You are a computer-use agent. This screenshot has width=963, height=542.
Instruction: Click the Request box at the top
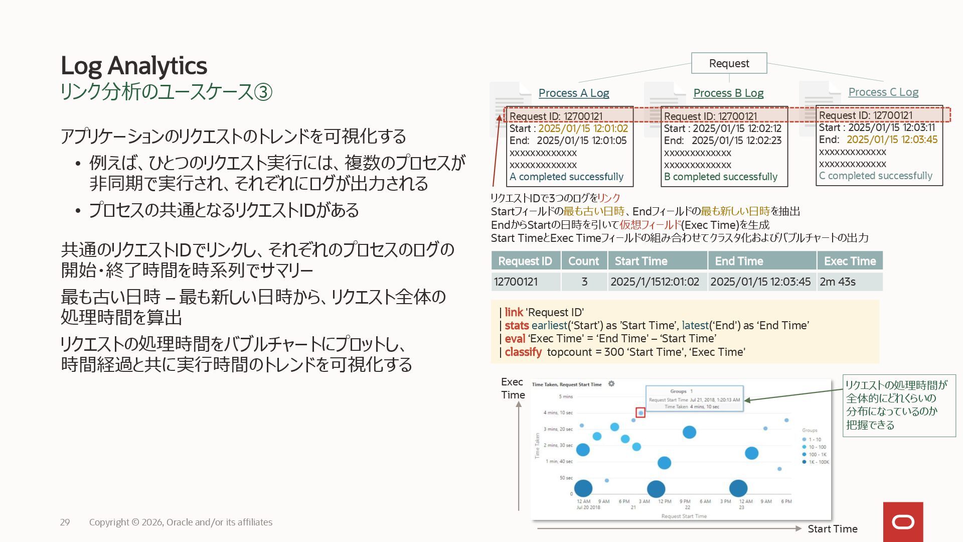coord(729,63)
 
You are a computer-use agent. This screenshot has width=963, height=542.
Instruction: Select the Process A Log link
coord(573,93)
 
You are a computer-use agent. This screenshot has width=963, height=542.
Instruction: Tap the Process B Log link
coord(728,93)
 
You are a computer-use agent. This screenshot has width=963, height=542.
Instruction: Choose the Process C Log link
coord(883,92)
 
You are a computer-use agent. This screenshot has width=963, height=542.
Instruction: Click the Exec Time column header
coord(850,261)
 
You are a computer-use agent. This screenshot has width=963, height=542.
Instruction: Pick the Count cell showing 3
coord(584,282)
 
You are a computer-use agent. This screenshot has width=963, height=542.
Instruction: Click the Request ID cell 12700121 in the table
coord(516,282)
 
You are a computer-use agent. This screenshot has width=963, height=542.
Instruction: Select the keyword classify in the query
coord(523,352)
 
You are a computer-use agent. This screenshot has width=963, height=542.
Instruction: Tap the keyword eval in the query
coord(515,338)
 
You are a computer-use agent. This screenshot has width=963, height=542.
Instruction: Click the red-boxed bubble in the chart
coord(640,413)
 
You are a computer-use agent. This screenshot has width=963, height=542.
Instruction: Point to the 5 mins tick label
coord(566,396)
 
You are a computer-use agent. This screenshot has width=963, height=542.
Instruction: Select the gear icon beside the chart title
coord(611,384)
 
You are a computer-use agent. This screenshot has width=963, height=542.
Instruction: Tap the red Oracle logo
coord(903,522)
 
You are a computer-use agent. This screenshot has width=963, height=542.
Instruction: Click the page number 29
coord(65,522)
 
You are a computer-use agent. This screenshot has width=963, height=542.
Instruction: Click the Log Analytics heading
coord(133,66)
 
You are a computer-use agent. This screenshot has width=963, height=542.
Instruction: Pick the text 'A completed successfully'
coord(566,177)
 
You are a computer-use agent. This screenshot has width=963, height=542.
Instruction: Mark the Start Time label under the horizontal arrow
coord(832,528)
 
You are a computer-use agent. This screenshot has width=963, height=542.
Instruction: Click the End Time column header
coord(739,261)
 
